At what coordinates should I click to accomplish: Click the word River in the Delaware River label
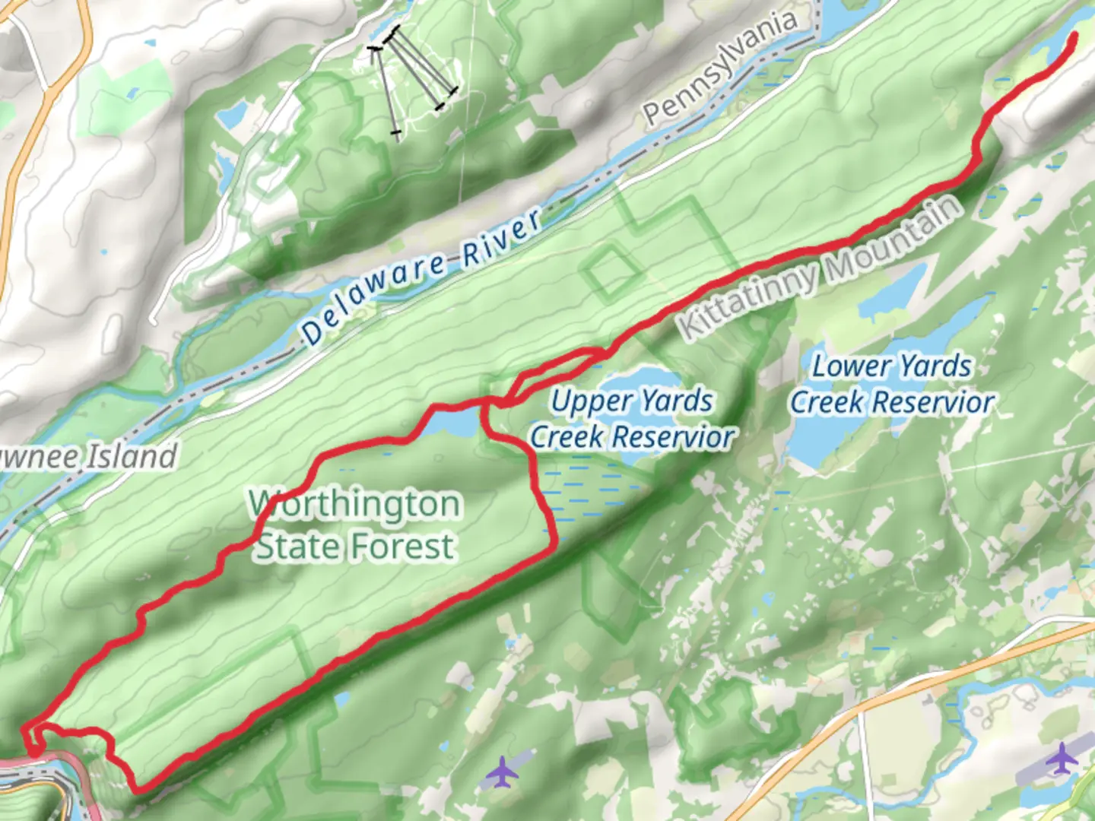501,235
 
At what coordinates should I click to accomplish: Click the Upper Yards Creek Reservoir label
632,419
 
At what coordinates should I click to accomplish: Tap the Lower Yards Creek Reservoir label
892,384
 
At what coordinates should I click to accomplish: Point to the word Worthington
355,504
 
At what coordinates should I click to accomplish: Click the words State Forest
355,547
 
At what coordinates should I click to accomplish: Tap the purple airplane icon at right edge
1062,759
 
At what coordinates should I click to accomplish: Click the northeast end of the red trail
1074,36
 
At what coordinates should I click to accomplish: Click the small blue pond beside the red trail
452,422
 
